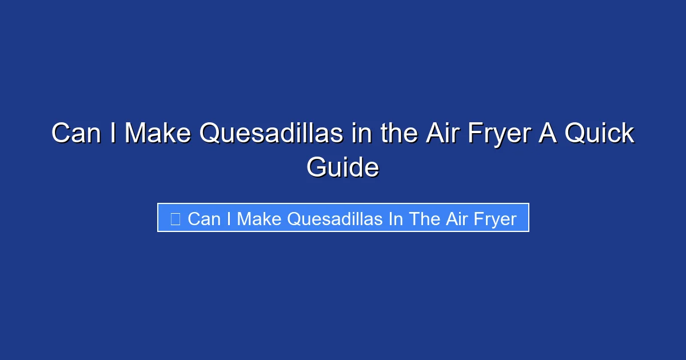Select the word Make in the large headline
click(x=157, y=134)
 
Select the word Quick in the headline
click(x=600, y=134)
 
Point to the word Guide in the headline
click(x=342, y=168)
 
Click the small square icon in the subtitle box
click(x=176, y=218)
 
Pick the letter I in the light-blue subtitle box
click(x=229, y=219)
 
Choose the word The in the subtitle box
click(x=424, y=219)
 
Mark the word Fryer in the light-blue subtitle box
click(x=495, y=219)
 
